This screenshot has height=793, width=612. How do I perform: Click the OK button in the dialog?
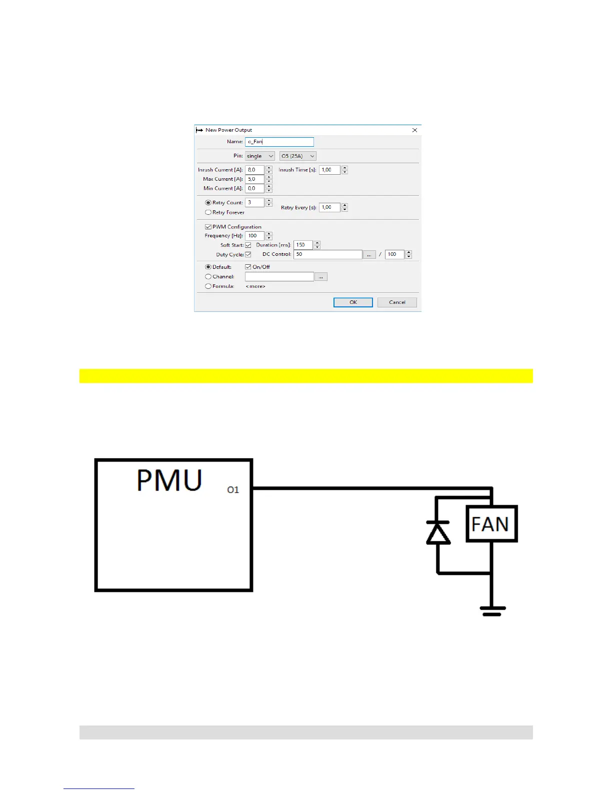pos(353,302)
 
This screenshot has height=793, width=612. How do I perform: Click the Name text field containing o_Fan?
pos(279,142)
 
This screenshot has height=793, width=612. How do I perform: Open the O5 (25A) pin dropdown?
pos(297,156)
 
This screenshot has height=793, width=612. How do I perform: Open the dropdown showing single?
pos(259,156)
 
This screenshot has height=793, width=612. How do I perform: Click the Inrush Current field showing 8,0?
pos(254,170)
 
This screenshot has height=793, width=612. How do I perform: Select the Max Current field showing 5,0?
pos(254,179)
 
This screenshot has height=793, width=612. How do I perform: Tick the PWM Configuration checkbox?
pos(208,227)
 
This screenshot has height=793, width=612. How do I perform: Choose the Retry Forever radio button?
pos(208,212)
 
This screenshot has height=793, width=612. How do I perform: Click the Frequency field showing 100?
pos(254,236)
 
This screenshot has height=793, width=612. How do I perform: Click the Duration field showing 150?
pos(302,245)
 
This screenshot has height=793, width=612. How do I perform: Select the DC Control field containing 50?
pos(327,254)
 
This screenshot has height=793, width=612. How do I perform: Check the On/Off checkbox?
pos(248,267)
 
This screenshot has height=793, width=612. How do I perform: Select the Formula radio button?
pos(208,286)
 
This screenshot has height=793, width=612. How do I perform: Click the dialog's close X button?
pos(414,130)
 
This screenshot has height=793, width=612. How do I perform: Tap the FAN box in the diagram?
pos(491,524)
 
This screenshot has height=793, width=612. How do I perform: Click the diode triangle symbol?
pos(438,534)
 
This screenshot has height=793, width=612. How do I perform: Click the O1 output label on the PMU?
pos(233,490)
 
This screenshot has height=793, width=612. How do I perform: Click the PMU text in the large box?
pos(169,481)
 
